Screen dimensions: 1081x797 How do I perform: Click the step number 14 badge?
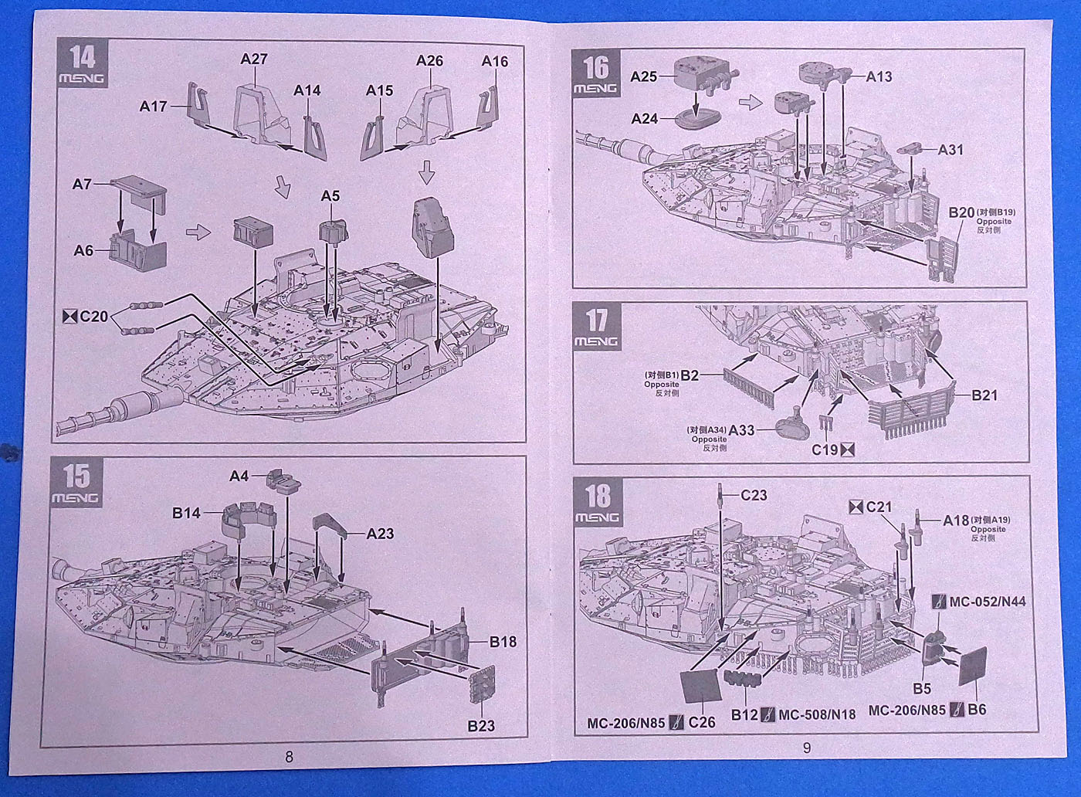point(81,64)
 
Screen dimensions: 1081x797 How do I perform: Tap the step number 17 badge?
point(595,327)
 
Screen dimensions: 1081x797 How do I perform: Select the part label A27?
point(253,59)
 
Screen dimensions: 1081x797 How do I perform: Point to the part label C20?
point(93,316)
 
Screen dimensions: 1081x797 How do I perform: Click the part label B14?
point(186,513)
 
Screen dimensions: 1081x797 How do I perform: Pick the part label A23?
point(380,534)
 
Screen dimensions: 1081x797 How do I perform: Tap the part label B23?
point(480,725)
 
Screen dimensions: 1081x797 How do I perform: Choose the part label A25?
point(643,76)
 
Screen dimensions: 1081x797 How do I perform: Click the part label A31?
point(951,150)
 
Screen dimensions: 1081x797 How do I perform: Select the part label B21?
point(984,395)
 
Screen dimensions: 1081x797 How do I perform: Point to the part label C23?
point(754,495)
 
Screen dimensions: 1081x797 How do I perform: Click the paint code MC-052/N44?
point(987,602)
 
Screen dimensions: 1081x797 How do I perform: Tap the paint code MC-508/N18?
point(817,714)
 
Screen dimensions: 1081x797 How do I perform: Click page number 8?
point(289,757)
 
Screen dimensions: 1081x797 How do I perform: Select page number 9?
point(807,748)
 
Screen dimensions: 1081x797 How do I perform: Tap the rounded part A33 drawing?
point(789,424)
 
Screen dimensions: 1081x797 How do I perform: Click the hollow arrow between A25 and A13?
point(750,101)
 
